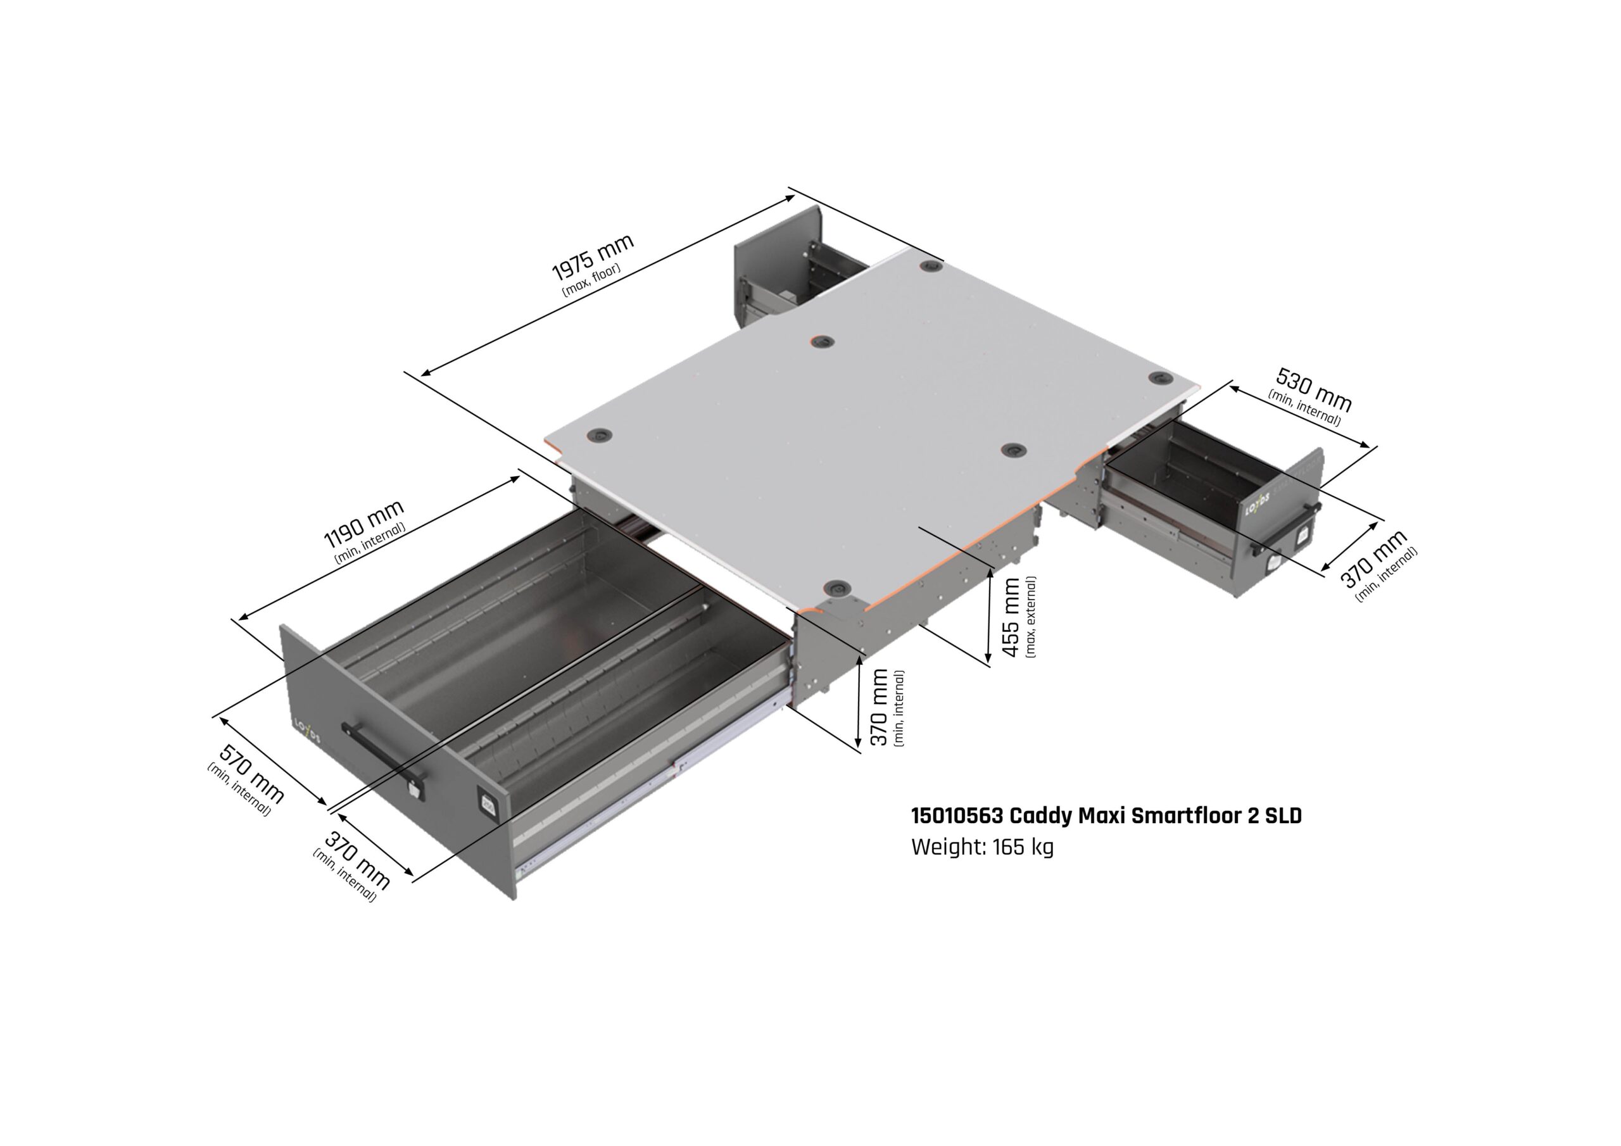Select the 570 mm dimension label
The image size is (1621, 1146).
251,773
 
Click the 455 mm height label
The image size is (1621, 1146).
1011,617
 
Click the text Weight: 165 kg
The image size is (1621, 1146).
982,847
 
